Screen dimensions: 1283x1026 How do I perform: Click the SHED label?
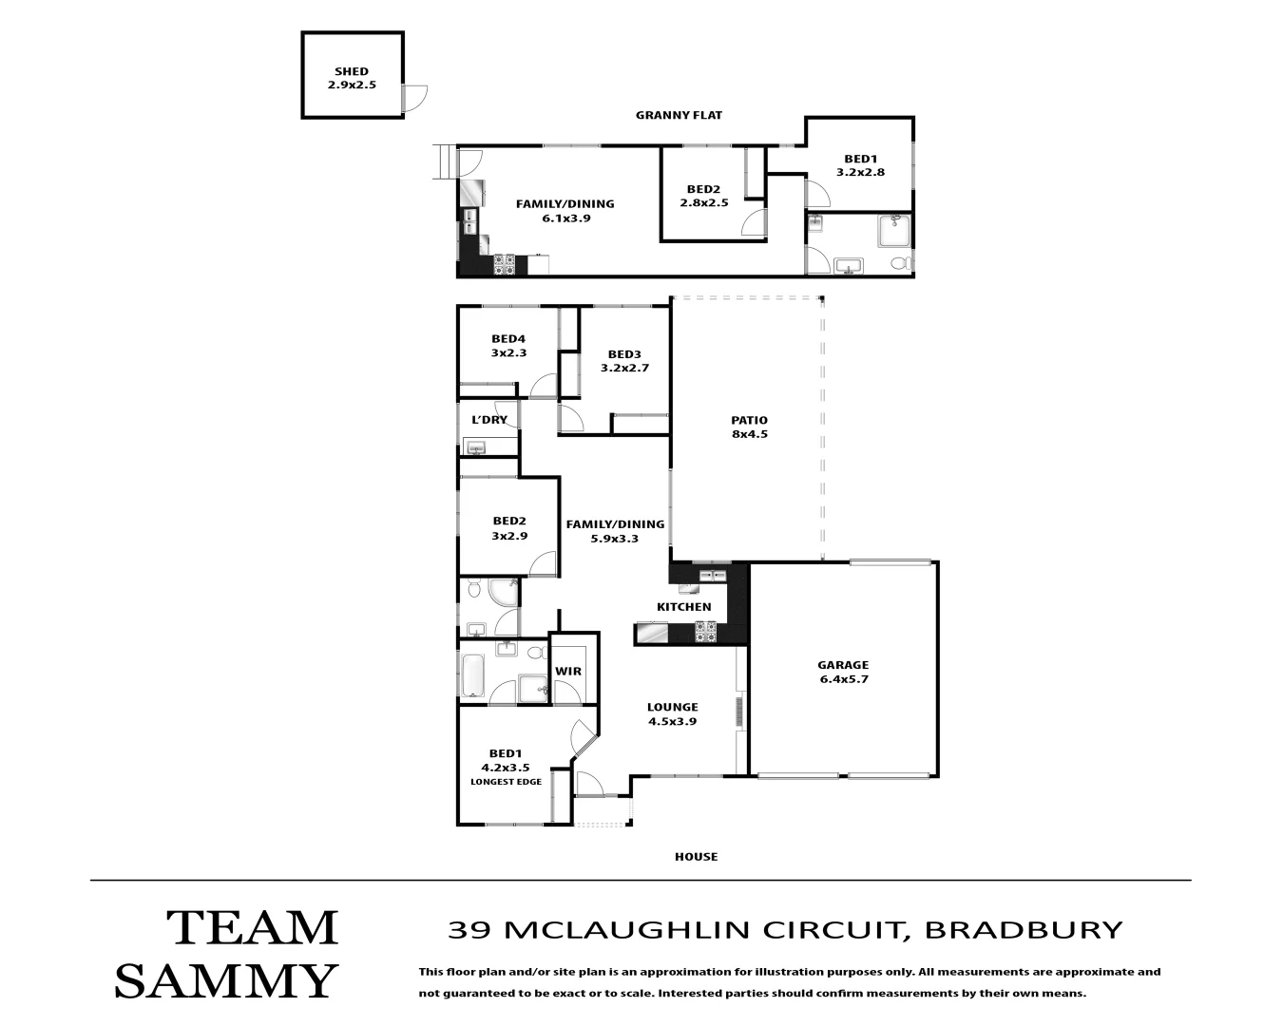(351, 71)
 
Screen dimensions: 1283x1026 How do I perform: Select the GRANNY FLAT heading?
(679, 115)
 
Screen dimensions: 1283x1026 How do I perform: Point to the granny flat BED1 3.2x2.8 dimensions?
(860, 172)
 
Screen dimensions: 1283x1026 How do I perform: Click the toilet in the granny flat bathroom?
(900, 262)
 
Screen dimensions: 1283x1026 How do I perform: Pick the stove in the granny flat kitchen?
(505, 264)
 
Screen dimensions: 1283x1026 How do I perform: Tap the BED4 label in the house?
(508, 339)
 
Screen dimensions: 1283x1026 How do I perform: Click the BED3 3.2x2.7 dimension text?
(624, 368)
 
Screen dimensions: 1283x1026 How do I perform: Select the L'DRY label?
(489, 420)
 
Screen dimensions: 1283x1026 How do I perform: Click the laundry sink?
(476, 447)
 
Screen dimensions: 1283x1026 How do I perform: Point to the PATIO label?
(750, 420)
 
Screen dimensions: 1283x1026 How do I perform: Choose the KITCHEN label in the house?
(684, 607)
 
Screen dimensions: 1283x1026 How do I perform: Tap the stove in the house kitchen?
(706, 632)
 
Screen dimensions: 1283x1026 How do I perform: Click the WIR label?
(568, 672)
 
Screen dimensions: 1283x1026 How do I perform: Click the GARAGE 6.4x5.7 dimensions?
(844, 679)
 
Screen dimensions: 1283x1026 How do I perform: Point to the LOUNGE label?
(673, 707)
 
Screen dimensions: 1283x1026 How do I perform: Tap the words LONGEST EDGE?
(507, 782)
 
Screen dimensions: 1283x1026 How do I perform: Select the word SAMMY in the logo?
(225, 981)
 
